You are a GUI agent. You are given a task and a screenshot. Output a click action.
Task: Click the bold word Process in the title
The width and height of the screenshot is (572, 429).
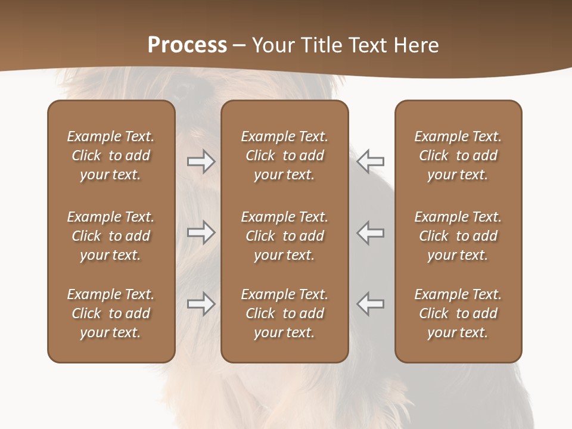(187, 45)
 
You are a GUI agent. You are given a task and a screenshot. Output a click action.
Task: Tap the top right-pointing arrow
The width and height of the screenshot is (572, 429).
(201, 161)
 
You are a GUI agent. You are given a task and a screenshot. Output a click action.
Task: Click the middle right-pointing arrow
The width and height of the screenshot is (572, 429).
(201, 232)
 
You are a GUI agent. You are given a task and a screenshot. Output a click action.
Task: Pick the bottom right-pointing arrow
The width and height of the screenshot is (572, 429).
(201, 304)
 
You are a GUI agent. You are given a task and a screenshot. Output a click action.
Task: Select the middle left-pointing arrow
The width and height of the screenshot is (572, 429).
(371, 232)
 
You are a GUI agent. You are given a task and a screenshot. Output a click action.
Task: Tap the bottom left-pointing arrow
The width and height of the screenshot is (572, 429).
(371, 304)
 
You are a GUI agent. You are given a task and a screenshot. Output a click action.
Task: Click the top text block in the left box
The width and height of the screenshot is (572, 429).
(111, 156)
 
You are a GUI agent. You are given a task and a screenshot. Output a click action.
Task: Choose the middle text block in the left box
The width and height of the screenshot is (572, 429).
(111, 236)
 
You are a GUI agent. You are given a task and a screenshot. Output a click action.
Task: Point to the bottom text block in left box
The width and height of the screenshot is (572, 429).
(111, 313)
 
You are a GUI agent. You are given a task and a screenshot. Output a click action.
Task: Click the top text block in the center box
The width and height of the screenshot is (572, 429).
(284, 156)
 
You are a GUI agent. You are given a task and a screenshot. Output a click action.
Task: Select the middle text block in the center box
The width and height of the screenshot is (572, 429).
(284, 236)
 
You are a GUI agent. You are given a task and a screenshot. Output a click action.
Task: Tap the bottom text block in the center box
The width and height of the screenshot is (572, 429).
(284, 313)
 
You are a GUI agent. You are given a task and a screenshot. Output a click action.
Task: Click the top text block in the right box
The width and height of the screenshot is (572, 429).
(458, 156)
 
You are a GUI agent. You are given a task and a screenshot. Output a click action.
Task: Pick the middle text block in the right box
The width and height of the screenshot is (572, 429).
(458, 236)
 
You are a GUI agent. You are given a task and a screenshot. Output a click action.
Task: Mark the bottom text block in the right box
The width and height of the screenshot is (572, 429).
(458, 313)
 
